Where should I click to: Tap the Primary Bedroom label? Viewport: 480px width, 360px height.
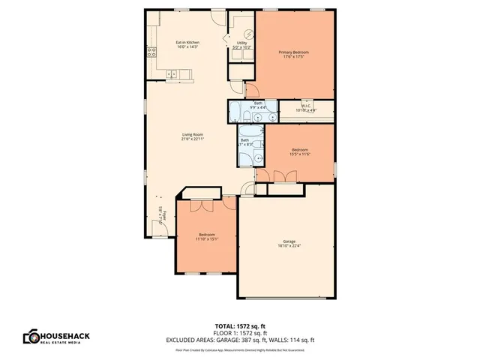pos(293,52)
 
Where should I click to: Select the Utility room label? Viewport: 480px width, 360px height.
pos(242,43)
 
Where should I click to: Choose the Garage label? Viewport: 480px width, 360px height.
pos(289,241)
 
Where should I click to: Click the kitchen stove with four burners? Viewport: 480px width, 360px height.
pos(151,52)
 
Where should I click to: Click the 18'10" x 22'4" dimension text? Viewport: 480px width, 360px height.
pos(289,246)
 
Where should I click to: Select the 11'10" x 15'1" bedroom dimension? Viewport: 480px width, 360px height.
pos(206,238)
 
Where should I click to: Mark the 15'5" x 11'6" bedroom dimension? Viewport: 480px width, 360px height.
pos(300,154)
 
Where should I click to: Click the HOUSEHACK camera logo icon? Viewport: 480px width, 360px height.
pos(31,337)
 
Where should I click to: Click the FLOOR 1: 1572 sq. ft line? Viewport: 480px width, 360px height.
pos(240,333)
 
